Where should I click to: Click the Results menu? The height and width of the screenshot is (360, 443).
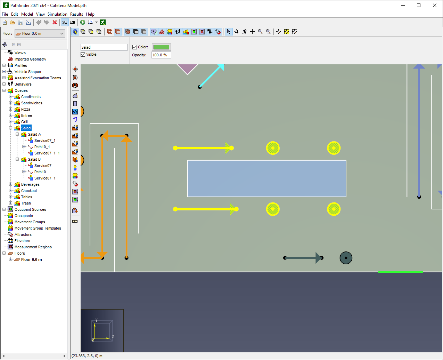(76, 14)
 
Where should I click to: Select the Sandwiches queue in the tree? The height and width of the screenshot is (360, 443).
(32, 103)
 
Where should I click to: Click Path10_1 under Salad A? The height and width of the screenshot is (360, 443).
(42, 147)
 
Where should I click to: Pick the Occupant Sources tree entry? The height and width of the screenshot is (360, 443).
(30, 209)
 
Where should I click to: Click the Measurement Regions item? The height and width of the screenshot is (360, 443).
(33, 247)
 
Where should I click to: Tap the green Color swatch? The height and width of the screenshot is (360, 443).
(161, 47)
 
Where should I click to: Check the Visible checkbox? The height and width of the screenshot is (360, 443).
(83, 54)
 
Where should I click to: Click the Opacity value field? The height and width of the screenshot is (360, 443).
(161, 55)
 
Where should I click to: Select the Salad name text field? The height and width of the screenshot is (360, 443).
(104, 47)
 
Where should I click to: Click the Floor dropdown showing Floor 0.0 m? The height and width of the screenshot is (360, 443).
(40, 33)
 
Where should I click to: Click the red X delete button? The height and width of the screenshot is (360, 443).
(55, 22)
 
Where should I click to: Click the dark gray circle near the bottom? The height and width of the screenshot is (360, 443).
(346, 258)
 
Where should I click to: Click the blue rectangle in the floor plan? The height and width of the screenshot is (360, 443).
(266, 178)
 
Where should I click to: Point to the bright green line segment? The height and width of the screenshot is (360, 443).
(400, 272)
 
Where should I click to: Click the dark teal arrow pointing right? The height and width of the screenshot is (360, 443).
(303, 258)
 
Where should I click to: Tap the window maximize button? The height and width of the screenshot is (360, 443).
(419, 6)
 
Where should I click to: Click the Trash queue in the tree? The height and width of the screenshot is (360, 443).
(26, 203)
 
